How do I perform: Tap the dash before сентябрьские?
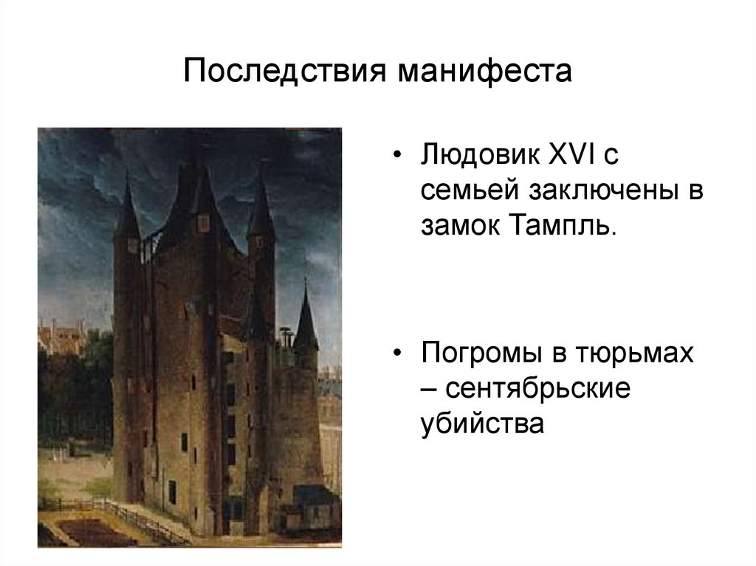(428, 388)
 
